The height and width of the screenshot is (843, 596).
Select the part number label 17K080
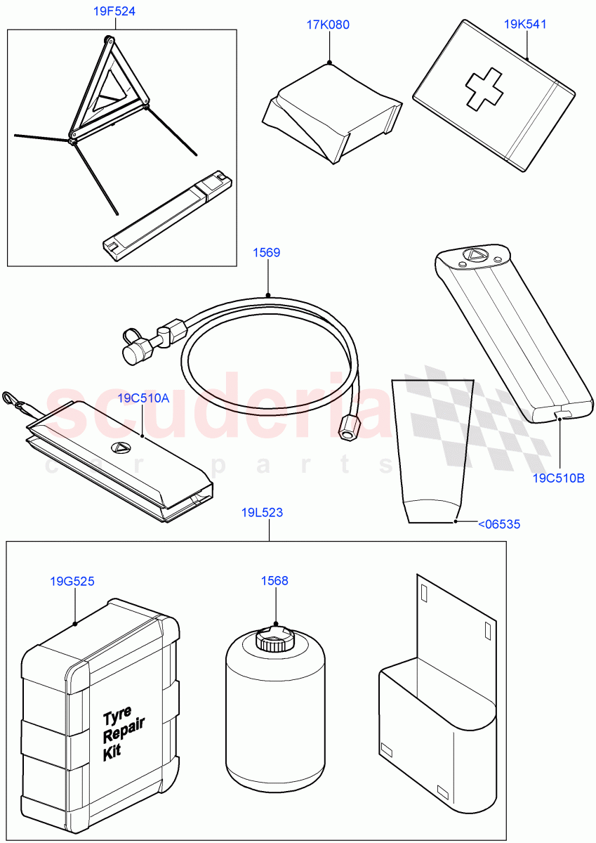point(328,25)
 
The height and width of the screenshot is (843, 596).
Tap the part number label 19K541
point(525,24)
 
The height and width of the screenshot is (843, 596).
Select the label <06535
point(499,523)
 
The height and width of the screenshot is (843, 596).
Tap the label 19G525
point(72,581)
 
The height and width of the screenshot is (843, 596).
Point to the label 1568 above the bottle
point(274,581)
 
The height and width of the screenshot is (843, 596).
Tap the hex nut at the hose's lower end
point(346,428)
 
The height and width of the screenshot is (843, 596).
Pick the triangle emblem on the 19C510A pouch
point(119,446)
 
